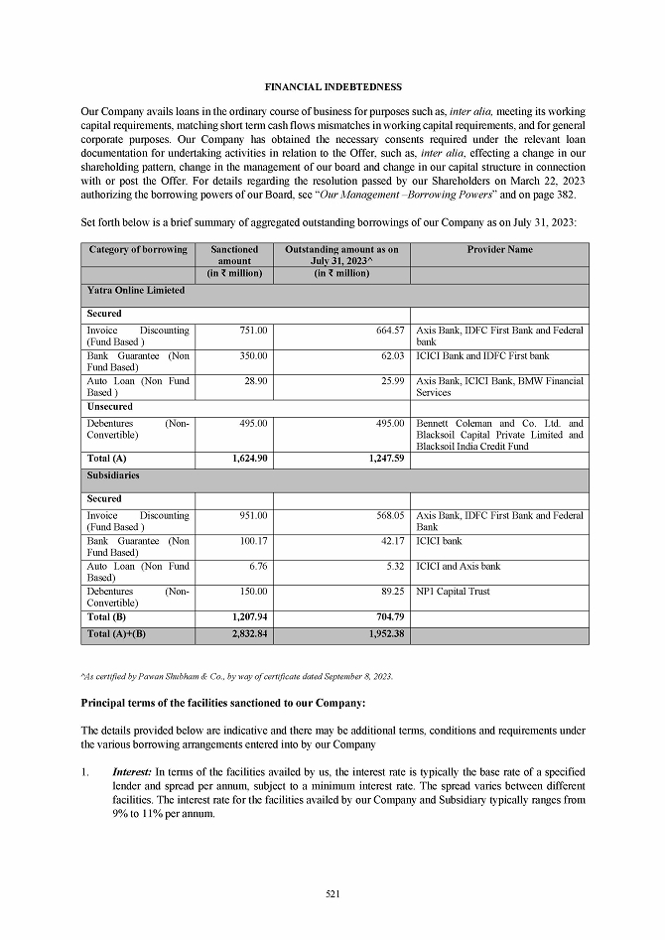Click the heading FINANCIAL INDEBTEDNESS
(332, 87)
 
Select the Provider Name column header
(499, 250)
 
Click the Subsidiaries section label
(113, 476)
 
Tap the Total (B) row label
(107, 617)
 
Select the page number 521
(332, 894)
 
